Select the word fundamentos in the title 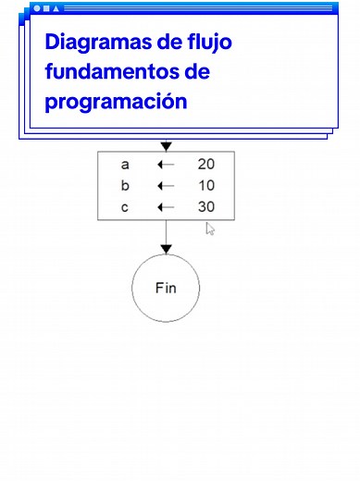tap(110, 71)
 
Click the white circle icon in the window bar tap(37, 8)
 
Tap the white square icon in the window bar tap(46, 8)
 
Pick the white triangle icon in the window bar tap(56, 8)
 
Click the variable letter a tap(125, 165)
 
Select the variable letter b tap(125, 185)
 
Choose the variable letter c tap(125, 206)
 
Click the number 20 tap(206, 165)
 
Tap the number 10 tap(206, 185)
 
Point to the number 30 tap(206, 206)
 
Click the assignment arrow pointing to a tap(166, 165)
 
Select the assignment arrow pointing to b tap(166, 185)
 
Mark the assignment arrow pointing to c tap(166, 206)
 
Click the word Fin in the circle tap(166, 288)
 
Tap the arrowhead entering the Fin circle tap(166, 248)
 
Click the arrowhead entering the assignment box tap(166, 146)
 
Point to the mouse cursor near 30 tap(210, 228)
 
